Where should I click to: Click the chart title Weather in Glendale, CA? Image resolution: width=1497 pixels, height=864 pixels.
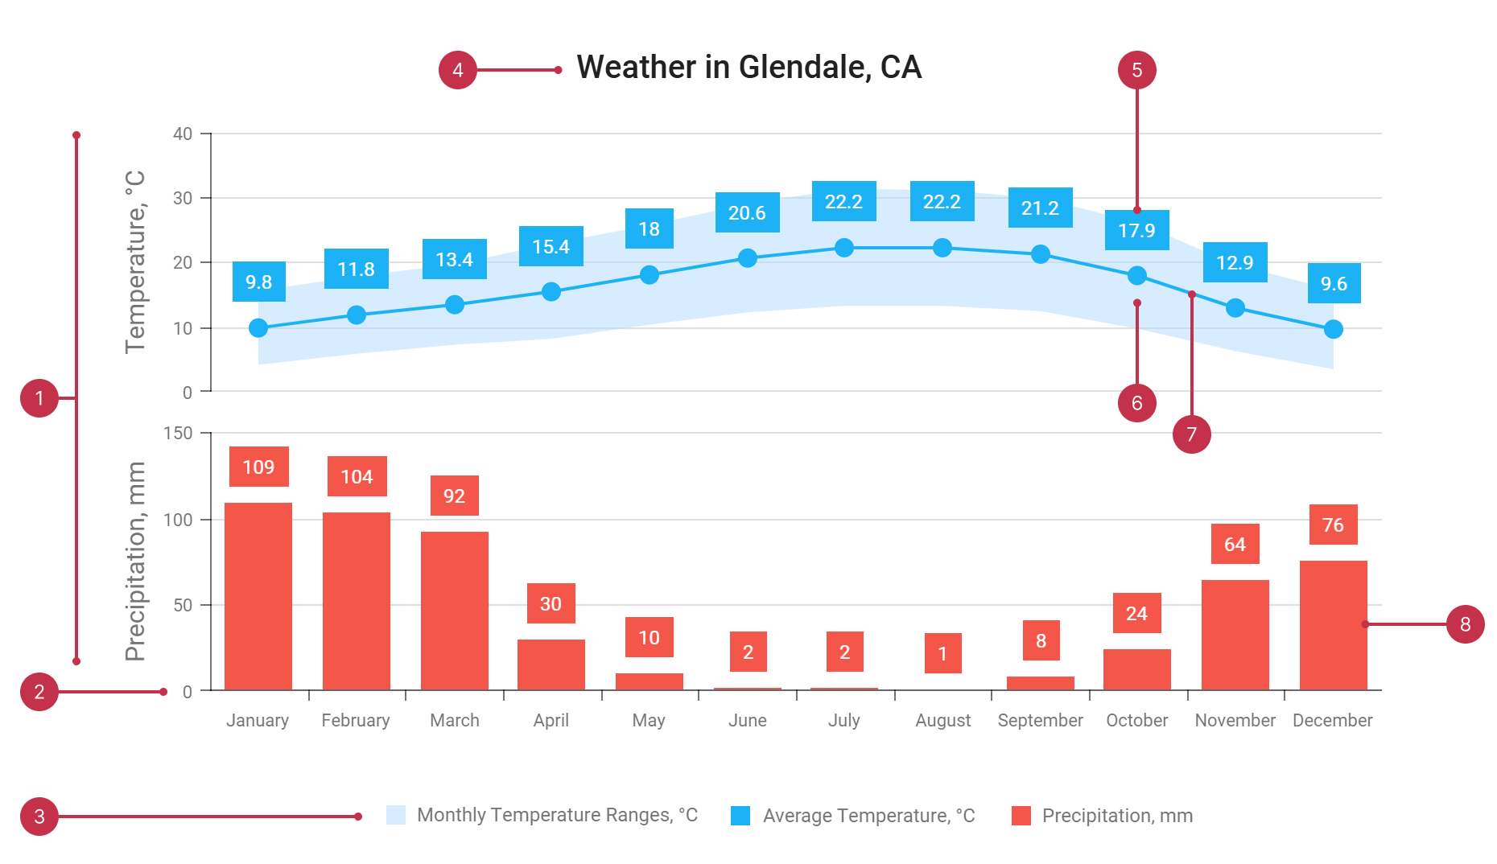click(x=748, y=68)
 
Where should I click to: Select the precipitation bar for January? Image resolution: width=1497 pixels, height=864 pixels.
click(x=258, y=596)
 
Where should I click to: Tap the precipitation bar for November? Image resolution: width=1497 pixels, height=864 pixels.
click(x=1235, y=635)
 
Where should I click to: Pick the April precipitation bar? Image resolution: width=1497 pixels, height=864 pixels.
click(x=551, y=664)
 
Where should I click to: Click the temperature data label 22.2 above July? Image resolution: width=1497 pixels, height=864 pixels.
click(x=843, y=201)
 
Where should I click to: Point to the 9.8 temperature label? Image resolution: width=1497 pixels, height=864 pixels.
click(x=258, y=282)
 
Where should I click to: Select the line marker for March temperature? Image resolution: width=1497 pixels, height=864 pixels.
click(x=455, y=305)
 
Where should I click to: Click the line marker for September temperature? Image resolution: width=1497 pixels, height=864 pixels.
click(x=1040, y=254)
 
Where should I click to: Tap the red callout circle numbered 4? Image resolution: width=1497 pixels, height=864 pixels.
click(x=457, y=70)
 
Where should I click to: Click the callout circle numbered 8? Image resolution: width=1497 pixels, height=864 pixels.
click(x=1465, y=624)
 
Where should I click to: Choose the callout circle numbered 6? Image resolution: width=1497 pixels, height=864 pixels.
click(x=1136, y=403)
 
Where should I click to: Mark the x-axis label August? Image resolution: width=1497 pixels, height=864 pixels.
click(x=942, y=720)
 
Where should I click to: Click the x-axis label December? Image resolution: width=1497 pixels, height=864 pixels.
click(x=1332, y=720)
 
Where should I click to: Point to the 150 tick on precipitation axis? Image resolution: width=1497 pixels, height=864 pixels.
click(x=178, y=433)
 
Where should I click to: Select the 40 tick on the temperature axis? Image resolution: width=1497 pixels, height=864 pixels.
click(x=183, y=134)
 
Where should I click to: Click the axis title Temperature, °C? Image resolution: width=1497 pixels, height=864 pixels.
click(x=135, y=262)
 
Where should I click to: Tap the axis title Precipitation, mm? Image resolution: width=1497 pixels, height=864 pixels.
click(x=135, y=562)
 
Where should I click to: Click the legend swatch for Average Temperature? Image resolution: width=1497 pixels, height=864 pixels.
click(x=740, y=816)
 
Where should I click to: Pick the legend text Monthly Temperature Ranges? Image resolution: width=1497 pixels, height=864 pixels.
click(x=557, y=815)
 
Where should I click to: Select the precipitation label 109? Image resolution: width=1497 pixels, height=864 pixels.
click(x=258, y=467)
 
